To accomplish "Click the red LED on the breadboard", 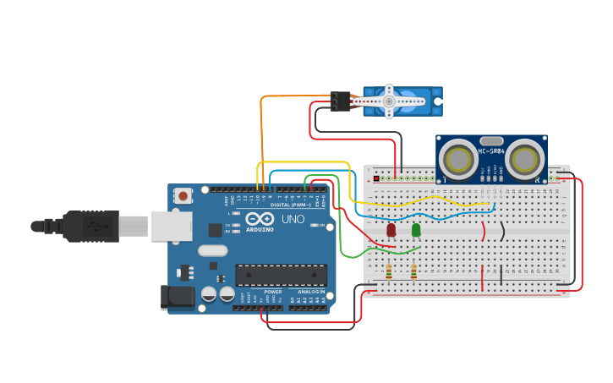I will [x=391, y=230].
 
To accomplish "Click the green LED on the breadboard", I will [x=416, y=230].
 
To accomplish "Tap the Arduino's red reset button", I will [x=183, y=196].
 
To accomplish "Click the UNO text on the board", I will [x=293, y=219].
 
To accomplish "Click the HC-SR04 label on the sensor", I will [x=491, y=151].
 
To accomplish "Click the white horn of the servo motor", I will [x=390, y=101].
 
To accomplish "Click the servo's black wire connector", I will [x=341, y=101].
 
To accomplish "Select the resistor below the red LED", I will [x=388, y=271].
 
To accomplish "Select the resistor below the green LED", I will [x=413, y=271].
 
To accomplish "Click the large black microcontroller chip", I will [x=281, y=276].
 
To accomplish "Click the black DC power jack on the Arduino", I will [x=176, y=296].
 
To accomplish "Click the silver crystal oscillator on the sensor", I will [x=491, y=141].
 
